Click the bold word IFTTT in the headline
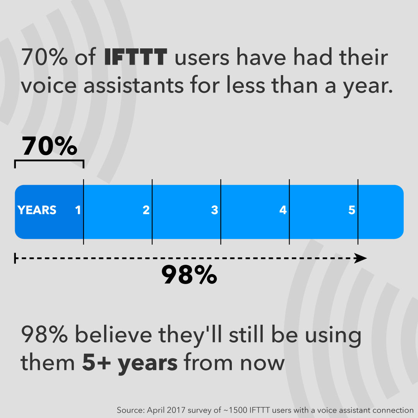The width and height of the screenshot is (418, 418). [135, 58]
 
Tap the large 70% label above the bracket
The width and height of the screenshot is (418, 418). [49, 146]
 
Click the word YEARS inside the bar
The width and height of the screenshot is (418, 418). [37, 210]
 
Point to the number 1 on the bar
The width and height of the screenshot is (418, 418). [78, 210]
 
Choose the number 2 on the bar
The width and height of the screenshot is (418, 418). [146, 210]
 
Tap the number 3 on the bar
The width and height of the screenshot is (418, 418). [214, 210]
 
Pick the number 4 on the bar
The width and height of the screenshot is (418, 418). [283, 210]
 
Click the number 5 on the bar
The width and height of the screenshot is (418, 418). [351, 210]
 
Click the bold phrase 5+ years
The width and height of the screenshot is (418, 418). [130, 363]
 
